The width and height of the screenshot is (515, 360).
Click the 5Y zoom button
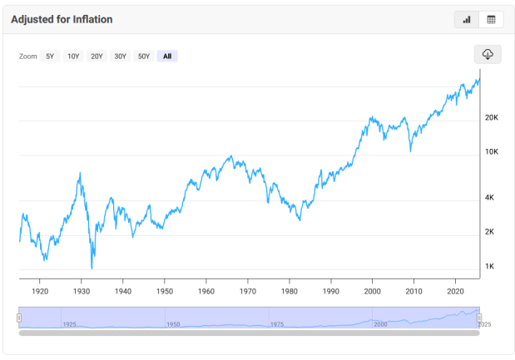[50, 57]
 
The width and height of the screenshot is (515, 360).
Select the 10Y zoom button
[73, 57]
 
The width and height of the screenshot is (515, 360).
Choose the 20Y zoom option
[97, 57]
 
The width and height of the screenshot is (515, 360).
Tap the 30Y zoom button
[120, 57]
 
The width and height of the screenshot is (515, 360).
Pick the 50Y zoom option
[144, 57]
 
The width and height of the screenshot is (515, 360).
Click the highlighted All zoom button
[167, 57]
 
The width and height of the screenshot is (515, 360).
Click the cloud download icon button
[488, 54]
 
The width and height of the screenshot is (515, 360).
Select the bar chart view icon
[467, 19]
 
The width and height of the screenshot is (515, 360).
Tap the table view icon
[491, 19]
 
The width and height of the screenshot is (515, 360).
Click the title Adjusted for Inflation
[62, 19]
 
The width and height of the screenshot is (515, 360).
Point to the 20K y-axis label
[491, 118]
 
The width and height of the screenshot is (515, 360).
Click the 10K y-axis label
[491, 152]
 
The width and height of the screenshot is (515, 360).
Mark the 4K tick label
[490, 198]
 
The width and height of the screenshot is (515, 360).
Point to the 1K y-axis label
[489, 267]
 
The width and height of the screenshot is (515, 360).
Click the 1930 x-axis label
[82, 293]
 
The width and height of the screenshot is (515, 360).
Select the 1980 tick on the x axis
[289, 293]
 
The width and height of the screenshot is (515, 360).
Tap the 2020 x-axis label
[455, 293]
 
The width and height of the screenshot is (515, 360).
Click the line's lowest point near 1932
[92, 268]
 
